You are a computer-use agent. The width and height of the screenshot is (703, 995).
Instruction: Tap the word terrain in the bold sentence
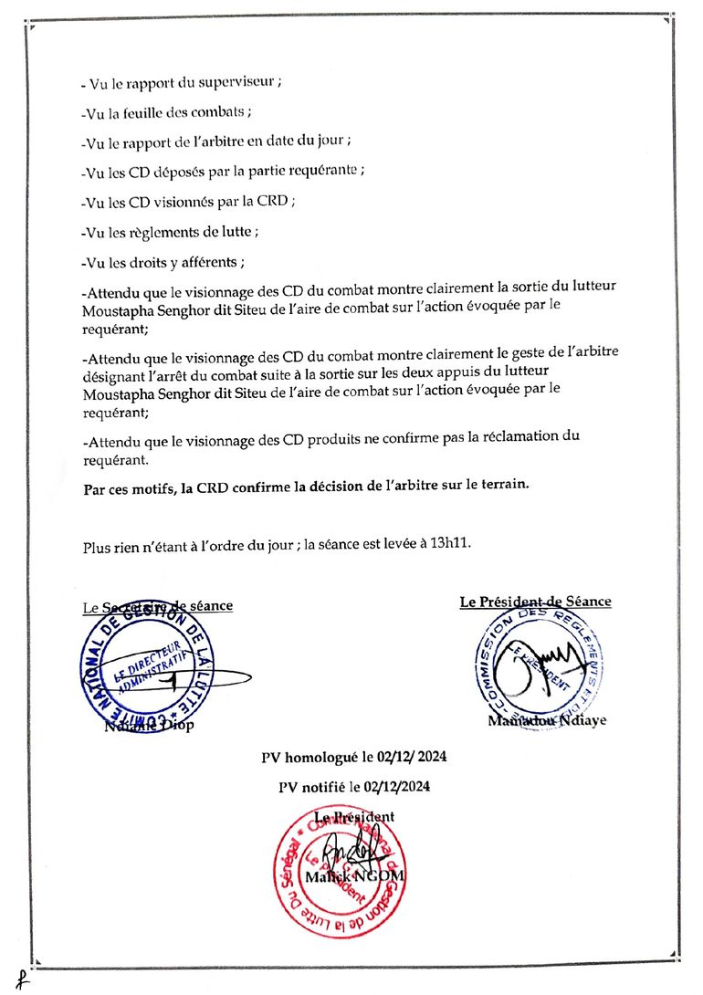504,486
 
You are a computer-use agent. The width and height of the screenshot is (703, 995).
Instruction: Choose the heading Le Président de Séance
535,602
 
